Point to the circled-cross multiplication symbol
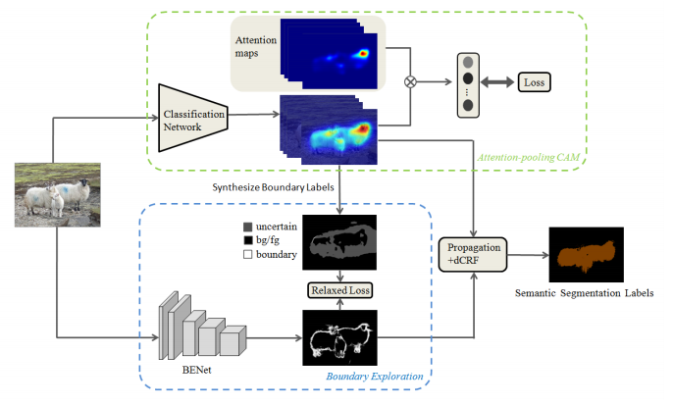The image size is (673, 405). tap(411, 81)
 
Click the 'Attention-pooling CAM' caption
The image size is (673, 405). tap(530, 157)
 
